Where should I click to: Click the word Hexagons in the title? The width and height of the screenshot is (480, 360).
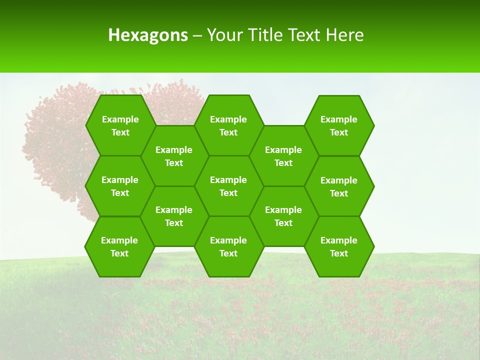[x=148, y=35]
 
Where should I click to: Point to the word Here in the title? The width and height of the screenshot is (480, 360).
[x=344, y=35]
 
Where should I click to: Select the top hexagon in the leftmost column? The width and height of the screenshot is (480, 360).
[x=120, y=125]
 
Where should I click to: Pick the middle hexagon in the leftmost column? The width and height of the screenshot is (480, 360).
[x=120, y=186]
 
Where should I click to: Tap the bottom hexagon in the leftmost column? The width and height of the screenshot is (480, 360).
[x=119, y=246]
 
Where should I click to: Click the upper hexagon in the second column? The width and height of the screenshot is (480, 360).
[x=174, y=156]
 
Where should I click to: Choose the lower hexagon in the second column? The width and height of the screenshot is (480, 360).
[x=174, y=216]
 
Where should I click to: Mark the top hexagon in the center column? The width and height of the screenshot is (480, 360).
[x=228, y=125]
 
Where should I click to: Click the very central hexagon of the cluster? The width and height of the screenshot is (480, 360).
[x=228, y=186]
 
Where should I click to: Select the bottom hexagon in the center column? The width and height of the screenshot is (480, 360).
[x=228, y=246]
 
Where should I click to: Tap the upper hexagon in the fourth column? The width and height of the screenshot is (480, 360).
[x=283, y=156]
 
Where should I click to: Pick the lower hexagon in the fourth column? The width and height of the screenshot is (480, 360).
[x=283, y=216]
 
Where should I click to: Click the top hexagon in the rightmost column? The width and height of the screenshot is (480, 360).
[x=339, y=125]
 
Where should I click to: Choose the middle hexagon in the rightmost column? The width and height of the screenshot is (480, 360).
[x=339, y=186]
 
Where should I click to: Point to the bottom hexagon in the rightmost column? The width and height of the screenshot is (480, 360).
[x=339, y=246]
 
